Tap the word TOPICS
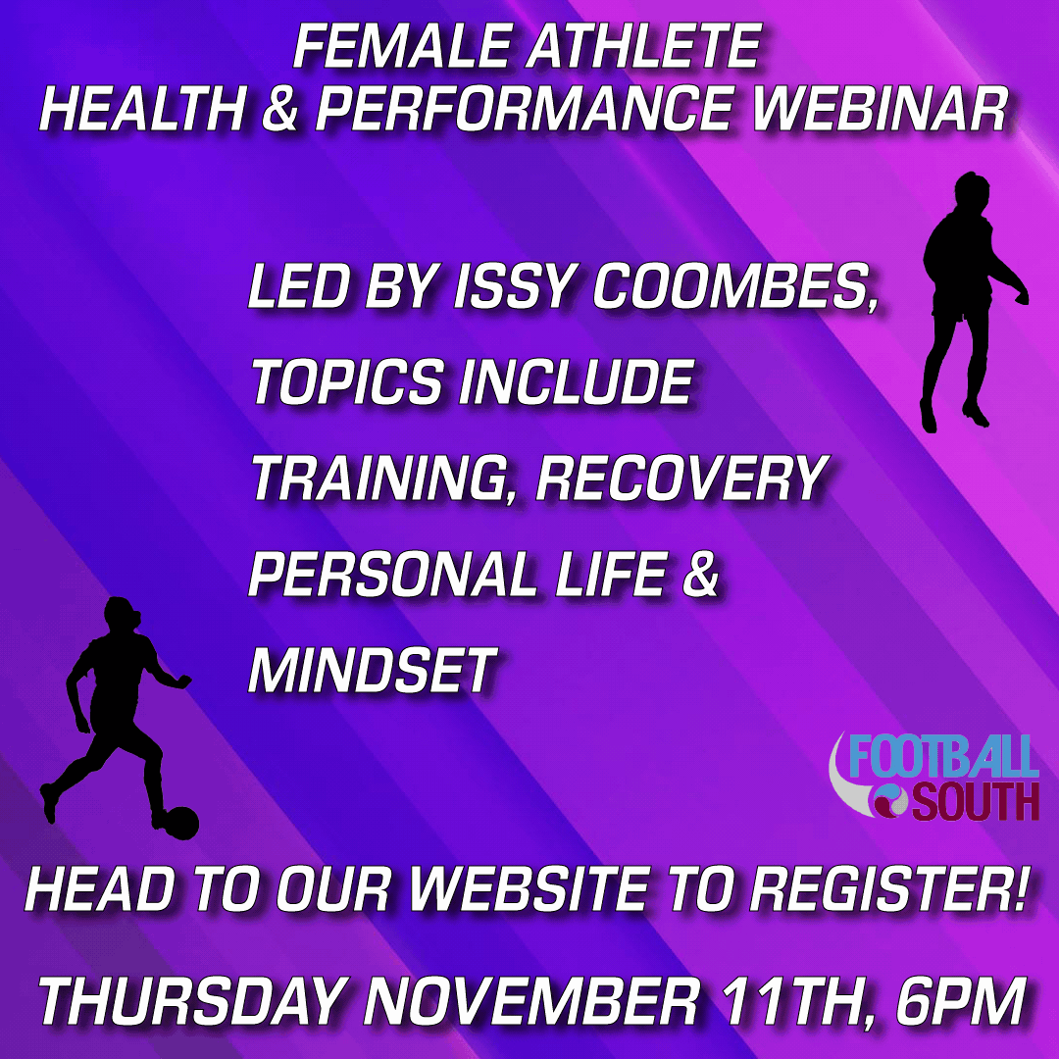click(347, 381)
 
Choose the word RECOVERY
click(682, 478)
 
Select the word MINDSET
click(373, 670)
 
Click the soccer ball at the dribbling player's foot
click(181, 823)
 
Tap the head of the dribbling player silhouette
click(121, 614)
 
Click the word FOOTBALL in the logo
click(943, 756)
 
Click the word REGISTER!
click(888, 888)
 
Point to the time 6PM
click(959, 1001)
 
